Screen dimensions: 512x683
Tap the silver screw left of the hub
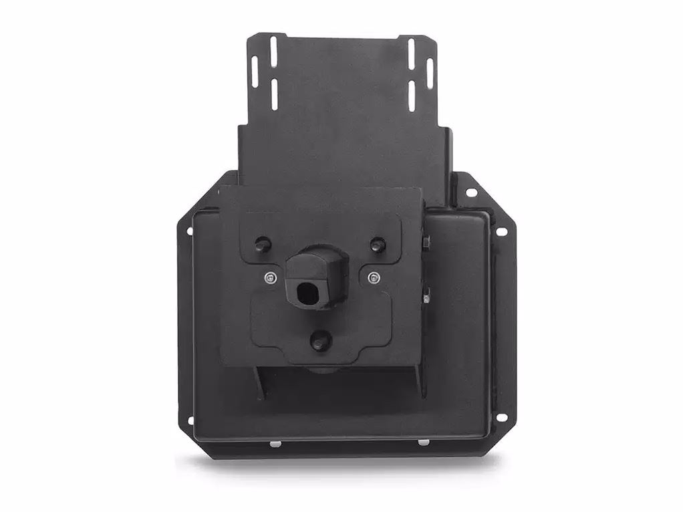(x=269, y=277)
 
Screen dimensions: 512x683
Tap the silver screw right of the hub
(x=372, y=276)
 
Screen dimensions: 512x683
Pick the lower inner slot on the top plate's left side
(x=273, y=93)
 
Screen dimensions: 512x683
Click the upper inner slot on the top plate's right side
(x=412, y=51)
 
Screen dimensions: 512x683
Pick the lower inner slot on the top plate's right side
(x=412, y=93)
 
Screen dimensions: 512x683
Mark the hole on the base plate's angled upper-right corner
(x=471, y=193)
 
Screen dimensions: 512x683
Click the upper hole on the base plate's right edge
(x=499, y=232)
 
